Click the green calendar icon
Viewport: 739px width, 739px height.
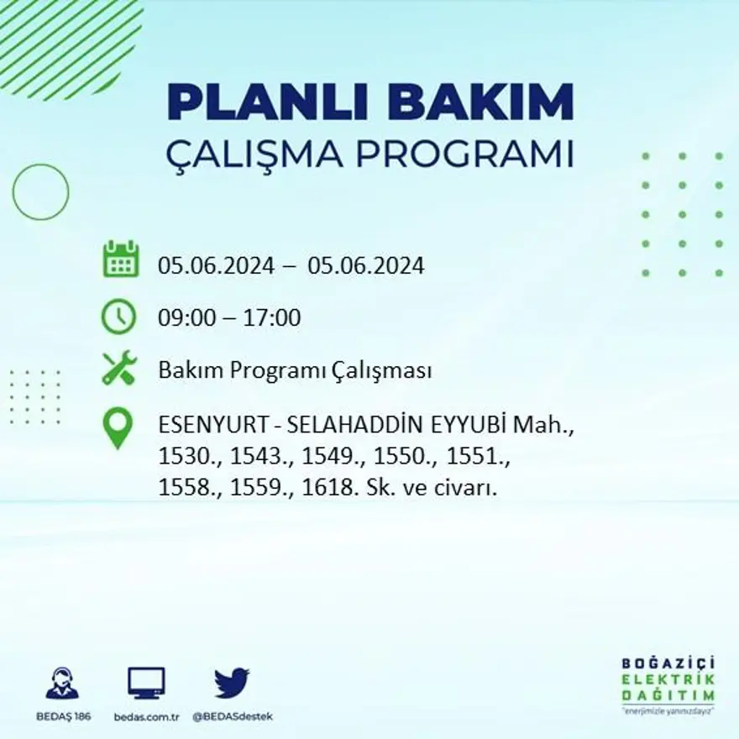pos(121,259)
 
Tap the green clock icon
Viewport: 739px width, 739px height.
pos(119,317)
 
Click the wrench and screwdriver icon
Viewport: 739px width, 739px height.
pos(119,368)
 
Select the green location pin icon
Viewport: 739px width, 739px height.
pos(118,427)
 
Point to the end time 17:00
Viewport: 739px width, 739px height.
pos(272,318)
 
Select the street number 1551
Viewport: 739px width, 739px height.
pos(479,458)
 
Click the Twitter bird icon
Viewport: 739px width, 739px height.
pos(232,683)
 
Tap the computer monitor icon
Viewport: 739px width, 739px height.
pos(146,683)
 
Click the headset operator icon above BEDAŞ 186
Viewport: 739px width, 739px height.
pos(62,683)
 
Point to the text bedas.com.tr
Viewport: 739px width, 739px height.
pos(146,716)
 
